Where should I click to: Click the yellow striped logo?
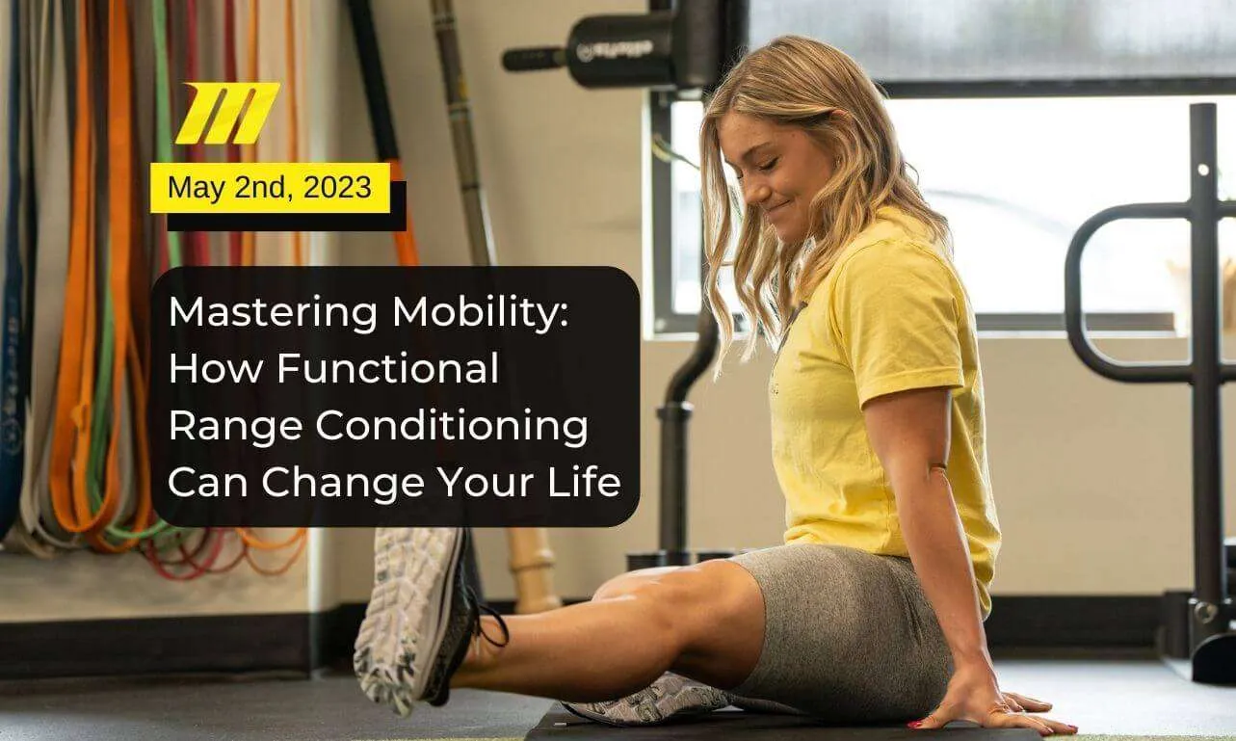227,113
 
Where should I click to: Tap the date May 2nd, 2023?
270,187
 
